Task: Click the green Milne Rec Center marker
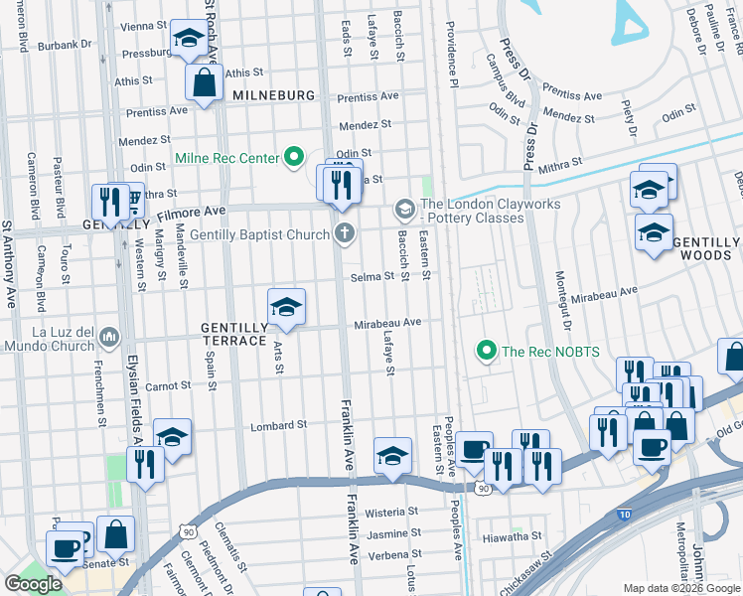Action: [x=294, y=158]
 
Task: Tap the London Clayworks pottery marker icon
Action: [x=404, y=210]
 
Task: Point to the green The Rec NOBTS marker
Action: [x=486, y=350]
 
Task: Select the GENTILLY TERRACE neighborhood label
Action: [x=234, y=334]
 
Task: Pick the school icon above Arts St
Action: [x=286, y=307]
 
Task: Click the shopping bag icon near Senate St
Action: [x=116, y=534]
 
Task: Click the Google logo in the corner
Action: [x=34, y=584]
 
